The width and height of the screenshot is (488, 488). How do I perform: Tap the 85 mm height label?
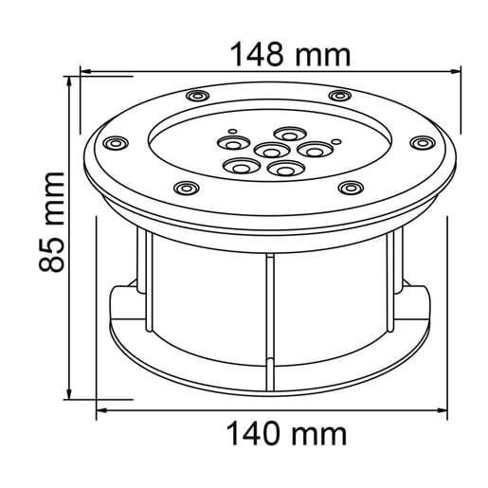tap(52, 221)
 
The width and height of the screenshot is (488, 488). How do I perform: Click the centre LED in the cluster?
tap(271, 151)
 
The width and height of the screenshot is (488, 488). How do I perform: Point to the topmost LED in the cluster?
tap(288, 134)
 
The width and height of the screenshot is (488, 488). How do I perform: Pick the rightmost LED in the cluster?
tap(311, 148)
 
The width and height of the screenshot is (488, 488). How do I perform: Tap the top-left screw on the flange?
tap(197, 97)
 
